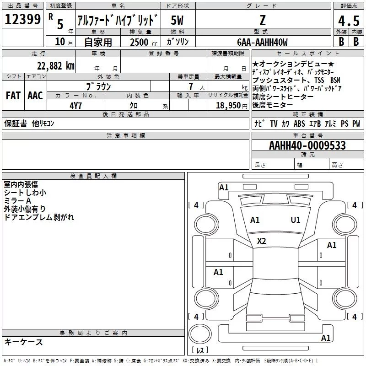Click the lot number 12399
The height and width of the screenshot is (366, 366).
(22, 19)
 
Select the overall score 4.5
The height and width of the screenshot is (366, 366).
(349, 21)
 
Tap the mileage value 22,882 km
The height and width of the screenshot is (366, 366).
(56, 66)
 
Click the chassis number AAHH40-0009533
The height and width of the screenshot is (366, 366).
(307, 145)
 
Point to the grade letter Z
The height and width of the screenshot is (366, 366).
(263, 20)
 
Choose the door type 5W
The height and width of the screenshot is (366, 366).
(177, 20)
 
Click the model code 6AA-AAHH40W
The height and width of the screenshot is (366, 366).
(262, 42)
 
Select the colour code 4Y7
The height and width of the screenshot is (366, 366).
(75, 106)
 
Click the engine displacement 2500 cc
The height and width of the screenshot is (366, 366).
(144, 42)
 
